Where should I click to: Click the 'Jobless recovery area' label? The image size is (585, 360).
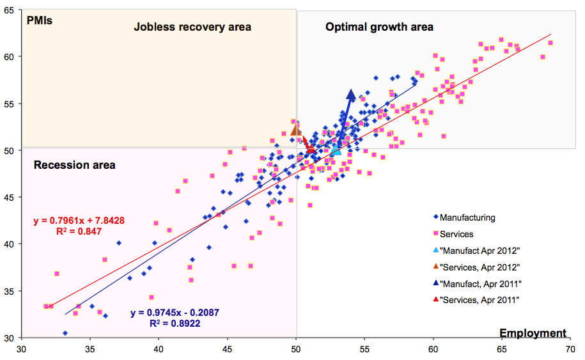point(192,27)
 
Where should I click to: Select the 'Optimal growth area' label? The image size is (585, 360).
point(379,27)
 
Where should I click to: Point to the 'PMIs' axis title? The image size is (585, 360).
point(39,19)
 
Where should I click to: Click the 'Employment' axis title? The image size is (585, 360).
point(533,333)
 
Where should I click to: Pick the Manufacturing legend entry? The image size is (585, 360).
point(467,217)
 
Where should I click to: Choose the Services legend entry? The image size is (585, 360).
point(456,234)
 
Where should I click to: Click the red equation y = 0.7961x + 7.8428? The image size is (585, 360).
point(79,221)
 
